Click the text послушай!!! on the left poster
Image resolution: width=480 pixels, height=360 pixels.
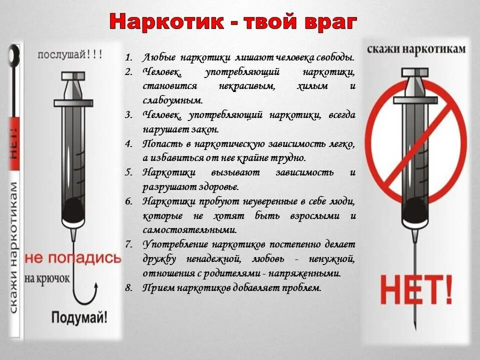pos(70,55)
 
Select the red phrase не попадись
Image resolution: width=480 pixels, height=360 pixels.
pos(73,258)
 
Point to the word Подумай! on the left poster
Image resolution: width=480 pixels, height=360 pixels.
pos(79,317)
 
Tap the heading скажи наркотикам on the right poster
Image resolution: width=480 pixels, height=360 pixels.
pos(416,49)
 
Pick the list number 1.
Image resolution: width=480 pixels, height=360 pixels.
pos(128,57)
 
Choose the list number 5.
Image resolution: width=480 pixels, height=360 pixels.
pos(128,172)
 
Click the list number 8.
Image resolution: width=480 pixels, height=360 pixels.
pos(128,287)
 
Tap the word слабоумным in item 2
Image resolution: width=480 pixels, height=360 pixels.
pos(172,100)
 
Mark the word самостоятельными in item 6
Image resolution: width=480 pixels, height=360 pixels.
pos(189,230)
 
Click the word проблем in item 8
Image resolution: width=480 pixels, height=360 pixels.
pos(299,288)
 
